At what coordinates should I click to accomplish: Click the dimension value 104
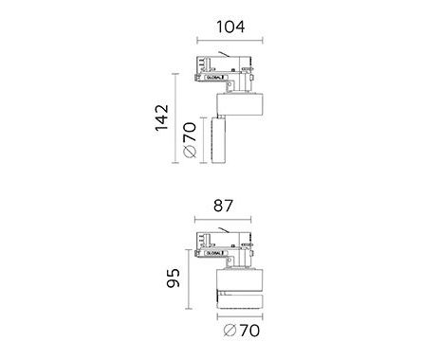point(230,27)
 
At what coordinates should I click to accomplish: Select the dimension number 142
point(162,117)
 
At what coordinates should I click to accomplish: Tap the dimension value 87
point(223,206)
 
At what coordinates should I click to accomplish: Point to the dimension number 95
point(174,279)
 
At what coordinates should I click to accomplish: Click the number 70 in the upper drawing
point(190,132)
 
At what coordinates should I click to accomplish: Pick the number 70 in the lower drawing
point(249,331)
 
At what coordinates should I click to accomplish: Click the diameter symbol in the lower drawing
point(230,331)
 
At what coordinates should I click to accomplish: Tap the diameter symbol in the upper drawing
point(190,152)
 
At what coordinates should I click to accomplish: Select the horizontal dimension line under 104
point(230,41)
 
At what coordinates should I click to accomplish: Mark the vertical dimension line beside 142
point(175,118)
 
